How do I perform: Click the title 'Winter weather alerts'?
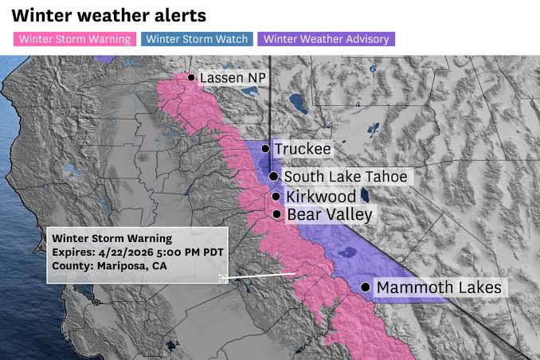[109, 15]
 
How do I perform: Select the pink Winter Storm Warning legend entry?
[75, 38]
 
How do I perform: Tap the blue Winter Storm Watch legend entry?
[198, 38]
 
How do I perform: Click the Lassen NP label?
[232, 78]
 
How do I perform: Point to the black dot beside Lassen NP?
[191, 77]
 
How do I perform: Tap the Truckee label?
[302, 149]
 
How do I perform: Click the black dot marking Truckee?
[265, 149]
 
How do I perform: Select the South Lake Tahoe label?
[346, 177]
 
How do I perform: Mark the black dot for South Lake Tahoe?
[273, 177]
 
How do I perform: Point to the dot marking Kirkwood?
[276, 196]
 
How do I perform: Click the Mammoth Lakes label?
[439, 287]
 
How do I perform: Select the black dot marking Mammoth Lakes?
[366, 287]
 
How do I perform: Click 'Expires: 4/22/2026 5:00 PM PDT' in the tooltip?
[138, 252]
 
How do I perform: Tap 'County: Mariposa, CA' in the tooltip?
[110, 265]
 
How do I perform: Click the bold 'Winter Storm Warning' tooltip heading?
[112, 238]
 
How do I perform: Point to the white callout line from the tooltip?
[263, 276]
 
